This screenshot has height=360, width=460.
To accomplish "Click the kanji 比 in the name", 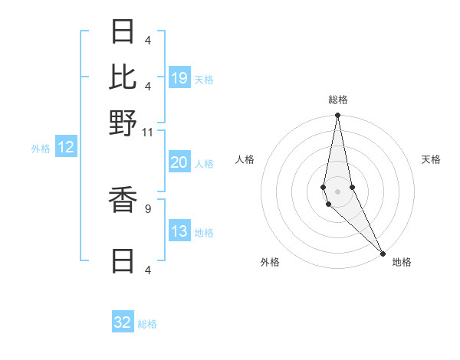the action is (123, 77).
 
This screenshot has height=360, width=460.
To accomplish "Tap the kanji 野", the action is (123, 123).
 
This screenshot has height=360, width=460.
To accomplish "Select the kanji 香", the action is (123, 200).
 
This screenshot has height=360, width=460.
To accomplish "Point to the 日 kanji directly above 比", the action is (123, 31).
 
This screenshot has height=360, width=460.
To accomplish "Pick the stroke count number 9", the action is (147, 207).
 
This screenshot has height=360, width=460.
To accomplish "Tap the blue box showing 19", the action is (179, 77).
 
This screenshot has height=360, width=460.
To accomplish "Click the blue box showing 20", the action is (179, 162).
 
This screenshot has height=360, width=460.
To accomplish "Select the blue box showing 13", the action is (179, 231).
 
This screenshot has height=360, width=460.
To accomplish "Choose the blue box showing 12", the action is (65, 147).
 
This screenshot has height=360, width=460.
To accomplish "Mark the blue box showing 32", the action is (123, 322).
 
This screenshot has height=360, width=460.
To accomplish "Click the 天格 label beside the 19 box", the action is (204, 79).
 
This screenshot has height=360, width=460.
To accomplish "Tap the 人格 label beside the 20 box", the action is (204, 163).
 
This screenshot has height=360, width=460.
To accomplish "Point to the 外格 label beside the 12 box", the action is (41, 149).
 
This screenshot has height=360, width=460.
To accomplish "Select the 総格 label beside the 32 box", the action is (147, 324).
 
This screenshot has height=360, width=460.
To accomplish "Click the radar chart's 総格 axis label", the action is (337, 100).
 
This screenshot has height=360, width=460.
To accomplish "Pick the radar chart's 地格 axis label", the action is (402, 262).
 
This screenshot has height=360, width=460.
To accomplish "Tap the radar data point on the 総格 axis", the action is (337, 116).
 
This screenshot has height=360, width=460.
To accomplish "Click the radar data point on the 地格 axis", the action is (383, 253).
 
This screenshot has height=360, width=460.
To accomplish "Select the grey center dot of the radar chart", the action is (337, 191).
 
